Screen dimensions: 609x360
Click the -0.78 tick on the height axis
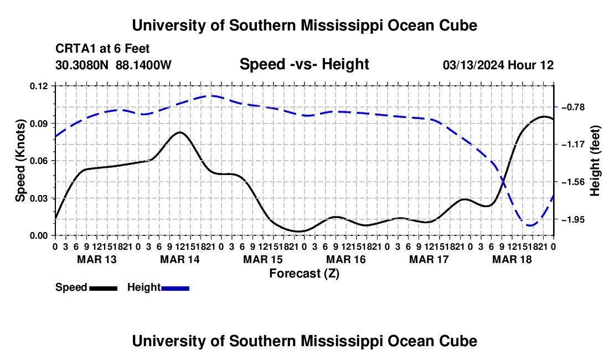pyautogui.click(x=573, y=107)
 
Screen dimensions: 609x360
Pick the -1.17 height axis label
pyautogui.click(x=573, y=145)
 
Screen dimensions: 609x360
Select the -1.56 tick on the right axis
pyautogui.click(x=573, y=182)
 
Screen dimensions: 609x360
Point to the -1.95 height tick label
pyautogui.click(x=573, y=219)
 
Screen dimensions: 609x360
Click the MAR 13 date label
pyautogui.click(x=97, y=259)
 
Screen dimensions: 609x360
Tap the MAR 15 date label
pyautogui.click(x=263, y=259)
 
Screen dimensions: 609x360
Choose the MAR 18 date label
pyautogui.click(x=512, y=259)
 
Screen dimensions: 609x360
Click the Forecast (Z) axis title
pyautogui.click(x=304, y=274)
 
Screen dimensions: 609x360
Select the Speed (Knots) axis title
pyautogui.click(x=20, y=161)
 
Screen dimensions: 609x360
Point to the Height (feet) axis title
pyautogui.click(x=595, y=161)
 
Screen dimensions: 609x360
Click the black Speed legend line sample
pyautogui.click(x=104, y=289)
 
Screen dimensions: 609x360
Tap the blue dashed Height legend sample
pyautogui.click(x=175, y=289)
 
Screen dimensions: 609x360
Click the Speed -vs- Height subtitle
pyautogui.click(x=304, y=64)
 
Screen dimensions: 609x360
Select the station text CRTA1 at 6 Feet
pyautogui.click(x=102, y=49)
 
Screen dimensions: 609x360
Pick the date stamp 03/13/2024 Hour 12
pyautogui.click(x=498, y=65)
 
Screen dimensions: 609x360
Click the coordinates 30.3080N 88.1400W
pyautogui.click(x=113, y=65)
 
